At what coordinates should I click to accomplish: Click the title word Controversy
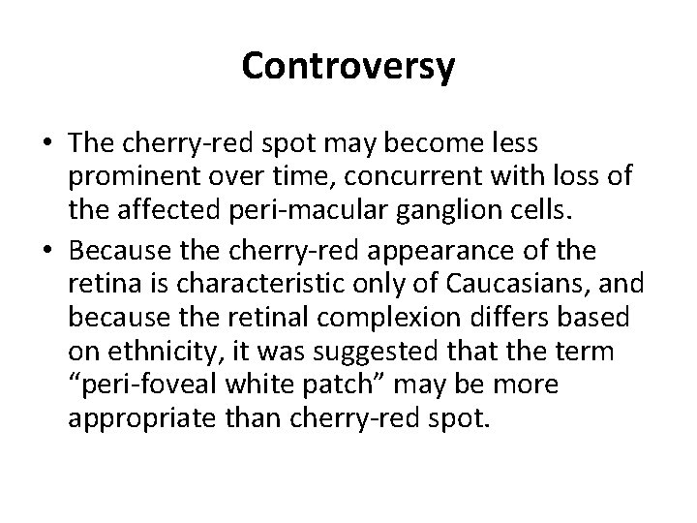(348, 67)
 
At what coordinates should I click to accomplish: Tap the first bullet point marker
(47, 144)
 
